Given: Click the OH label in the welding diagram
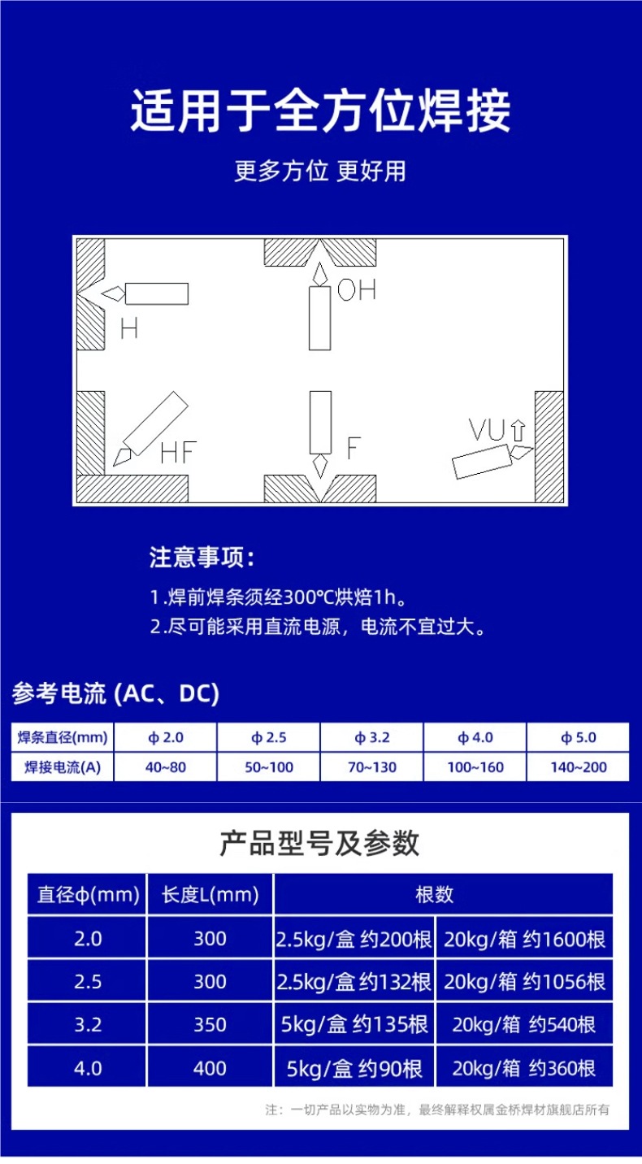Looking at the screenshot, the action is tap(357, 289).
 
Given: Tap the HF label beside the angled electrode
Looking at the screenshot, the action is tap(178, 452).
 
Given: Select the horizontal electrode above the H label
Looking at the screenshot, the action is tap(156, 293).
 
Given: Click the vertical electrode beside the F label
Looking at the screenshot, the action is tap(320, 422).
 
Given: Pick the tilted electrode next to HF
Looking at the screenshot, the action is tap(154, 423).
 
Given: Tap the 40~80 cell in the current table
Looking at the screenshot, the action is tap(166, 767).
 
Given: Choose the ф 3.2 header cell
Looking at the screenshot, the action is tap(372, 737).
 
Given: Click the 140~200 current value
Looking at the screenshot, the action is tap(578, 767).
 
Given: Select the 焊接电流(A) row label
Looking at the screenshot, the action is tap(63, 767).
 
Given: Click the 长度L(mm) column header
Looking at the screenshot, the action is tap(210, 895).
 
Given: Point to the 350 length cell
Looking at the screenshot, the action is tap(210, 1024).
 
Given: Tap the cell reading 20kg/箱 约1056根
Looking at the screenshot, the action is tap(524, 982).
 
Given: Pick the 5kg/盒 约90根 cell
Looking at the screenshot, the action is tap(354, 1067).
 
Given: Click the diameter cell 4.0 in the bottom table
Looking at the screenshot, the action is tap(88, 1067).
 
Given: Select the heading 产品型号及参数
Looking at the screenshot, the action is tap(319, 844).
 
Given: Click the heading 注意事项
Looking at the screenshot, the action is tap(202, 558).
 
